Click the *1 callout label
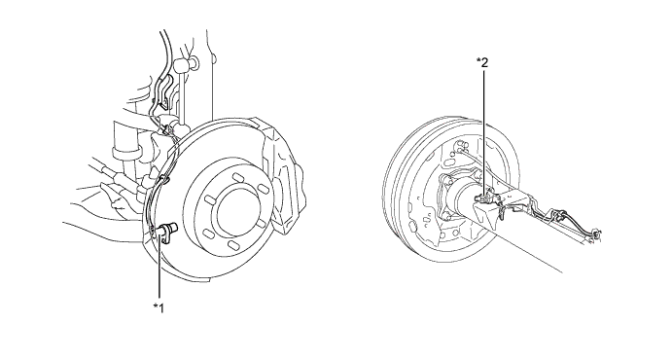pos(159,306)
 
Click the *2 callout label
pos(482,62)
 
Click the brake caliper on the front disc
pos(283,171)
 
